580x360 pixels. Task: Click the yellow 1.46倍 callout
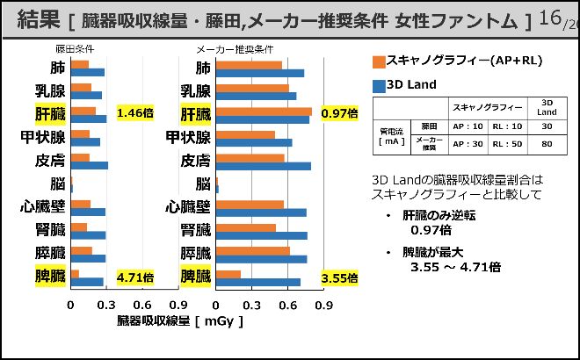click(x=135, y=112)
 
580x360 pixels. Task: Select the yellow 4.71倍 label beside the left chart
click(x=135, y=277)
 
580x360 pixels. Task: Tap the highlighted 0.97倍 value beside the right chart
click(x=339, y=113)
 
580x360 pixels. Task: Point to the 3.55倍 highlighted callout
click(x=339, y=278)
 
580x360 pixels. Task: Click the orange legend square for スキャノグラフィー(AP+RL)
click(x=379, y=61)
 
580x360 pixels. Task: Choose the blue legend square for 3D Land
click(x=379, y=86)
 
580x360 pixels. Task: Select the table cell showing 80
click(x=547, y=144)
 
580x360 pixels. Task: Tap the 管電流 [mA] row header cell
click(x=391, y=134)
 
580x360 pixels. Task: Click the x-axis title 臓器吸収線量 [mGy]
click(x=179, y=321)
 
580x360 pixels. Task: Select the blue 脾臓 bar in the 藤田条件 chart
click(x=87, y=282)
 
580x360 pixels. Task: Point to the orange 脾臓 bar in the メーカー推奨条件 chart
click(x=228, y=274)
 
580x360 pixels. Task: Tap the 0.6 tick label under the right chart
click(x=288, y=306)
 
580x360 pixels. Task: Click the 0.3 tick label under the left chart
click(x=106, y=306)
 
